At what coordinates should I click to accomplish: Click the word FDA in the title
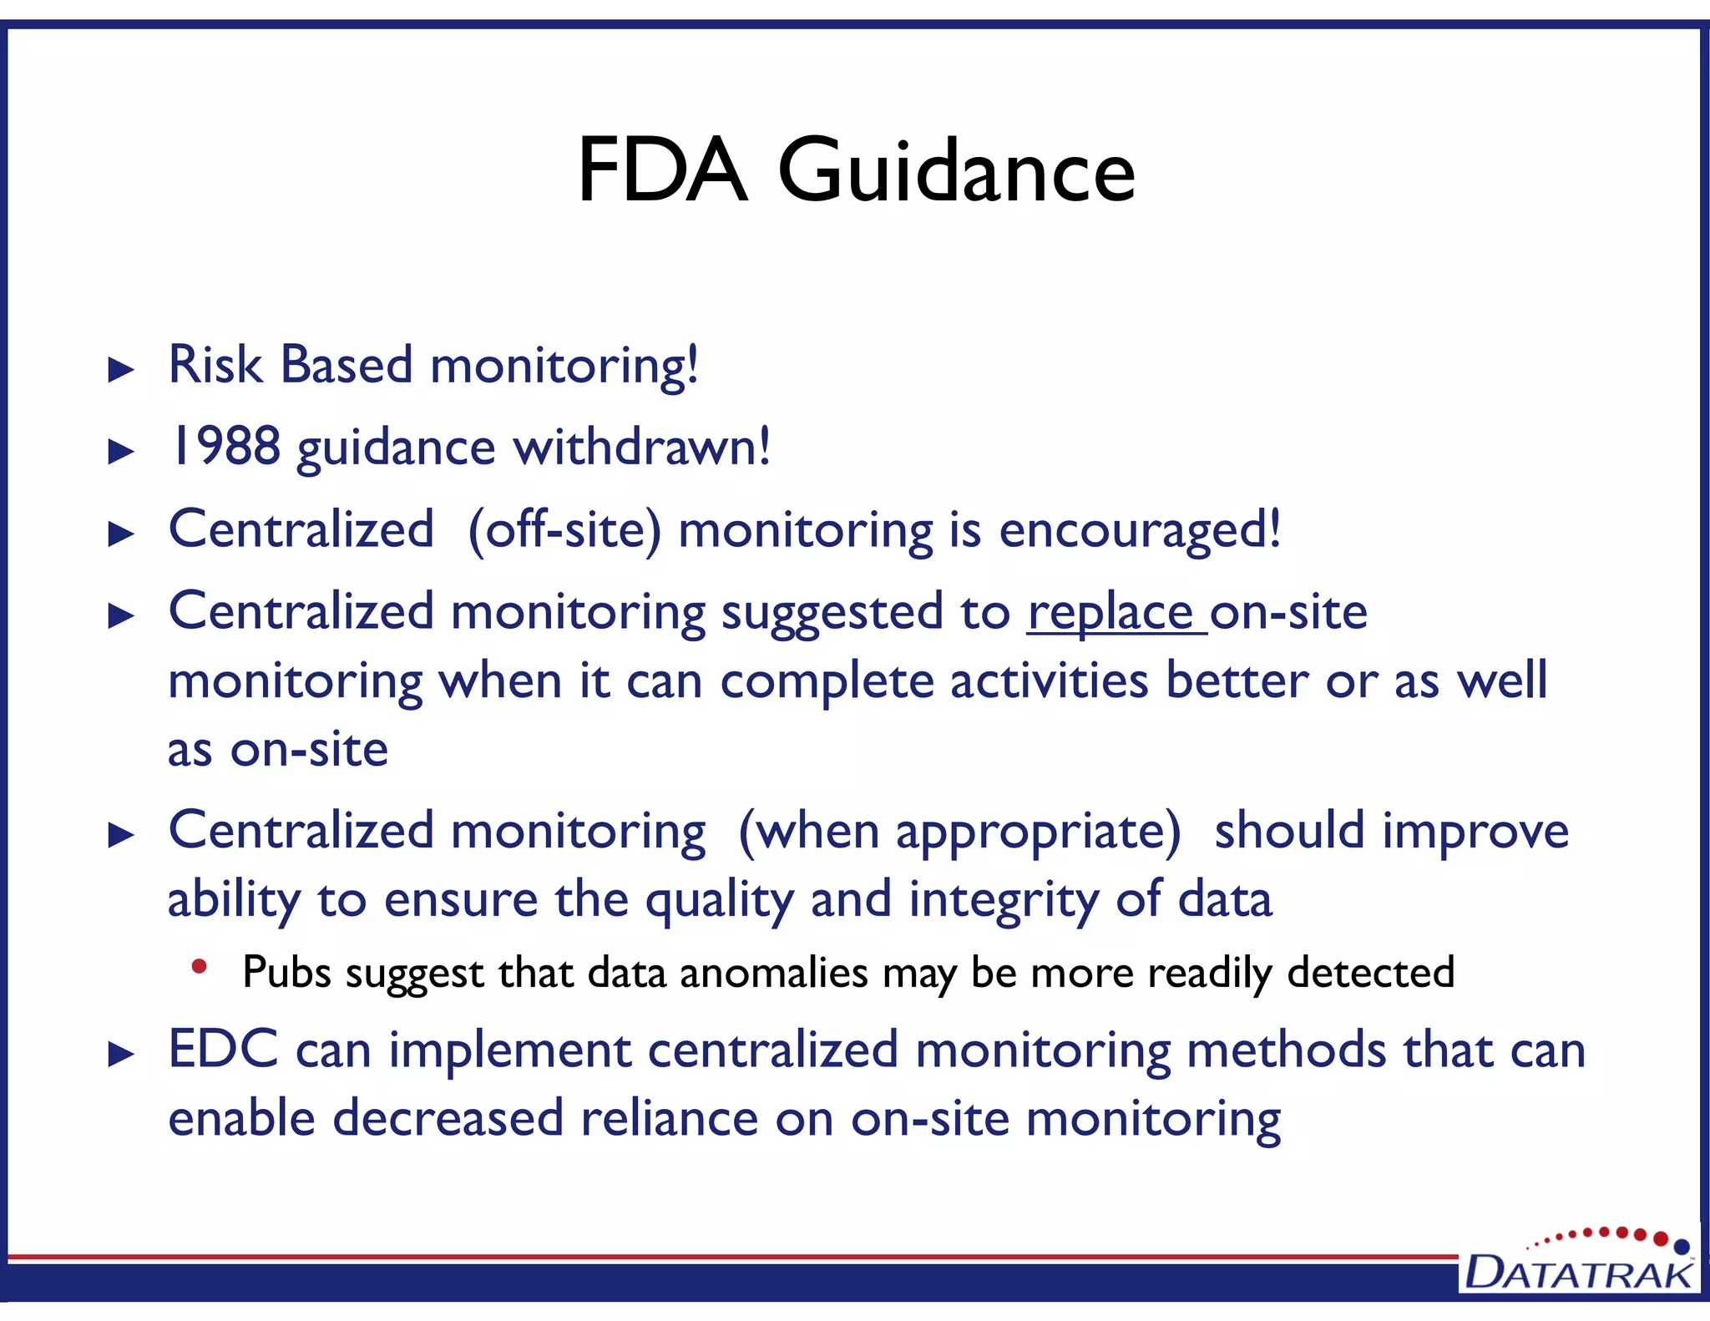point(661,171)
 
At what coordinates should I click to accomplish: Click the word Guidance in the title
point(956,171)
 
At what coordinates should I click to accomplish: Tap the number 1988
point(224,446)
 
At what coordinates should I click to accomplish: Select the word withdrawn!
point(641,446)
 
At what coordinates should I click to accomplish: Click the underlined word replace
point(1110,613)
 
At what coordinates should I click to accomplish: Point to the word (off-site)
point(564,529)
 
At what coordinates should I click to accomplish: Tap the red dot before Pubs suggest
point(199,967)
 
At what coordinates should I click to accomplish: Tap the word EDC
point(223,1050)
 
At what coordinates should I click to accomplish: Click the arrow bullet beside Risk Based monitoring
point(122,370)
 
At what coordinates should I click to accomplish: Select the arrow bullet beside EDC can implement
point(122,1055)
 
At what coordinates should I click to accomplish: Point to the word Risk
point(215,365)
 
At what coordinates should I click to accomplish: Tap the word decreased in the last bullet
point(448,1118)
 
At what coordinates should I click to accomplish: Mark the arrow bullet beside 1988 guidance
point(122,452)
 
